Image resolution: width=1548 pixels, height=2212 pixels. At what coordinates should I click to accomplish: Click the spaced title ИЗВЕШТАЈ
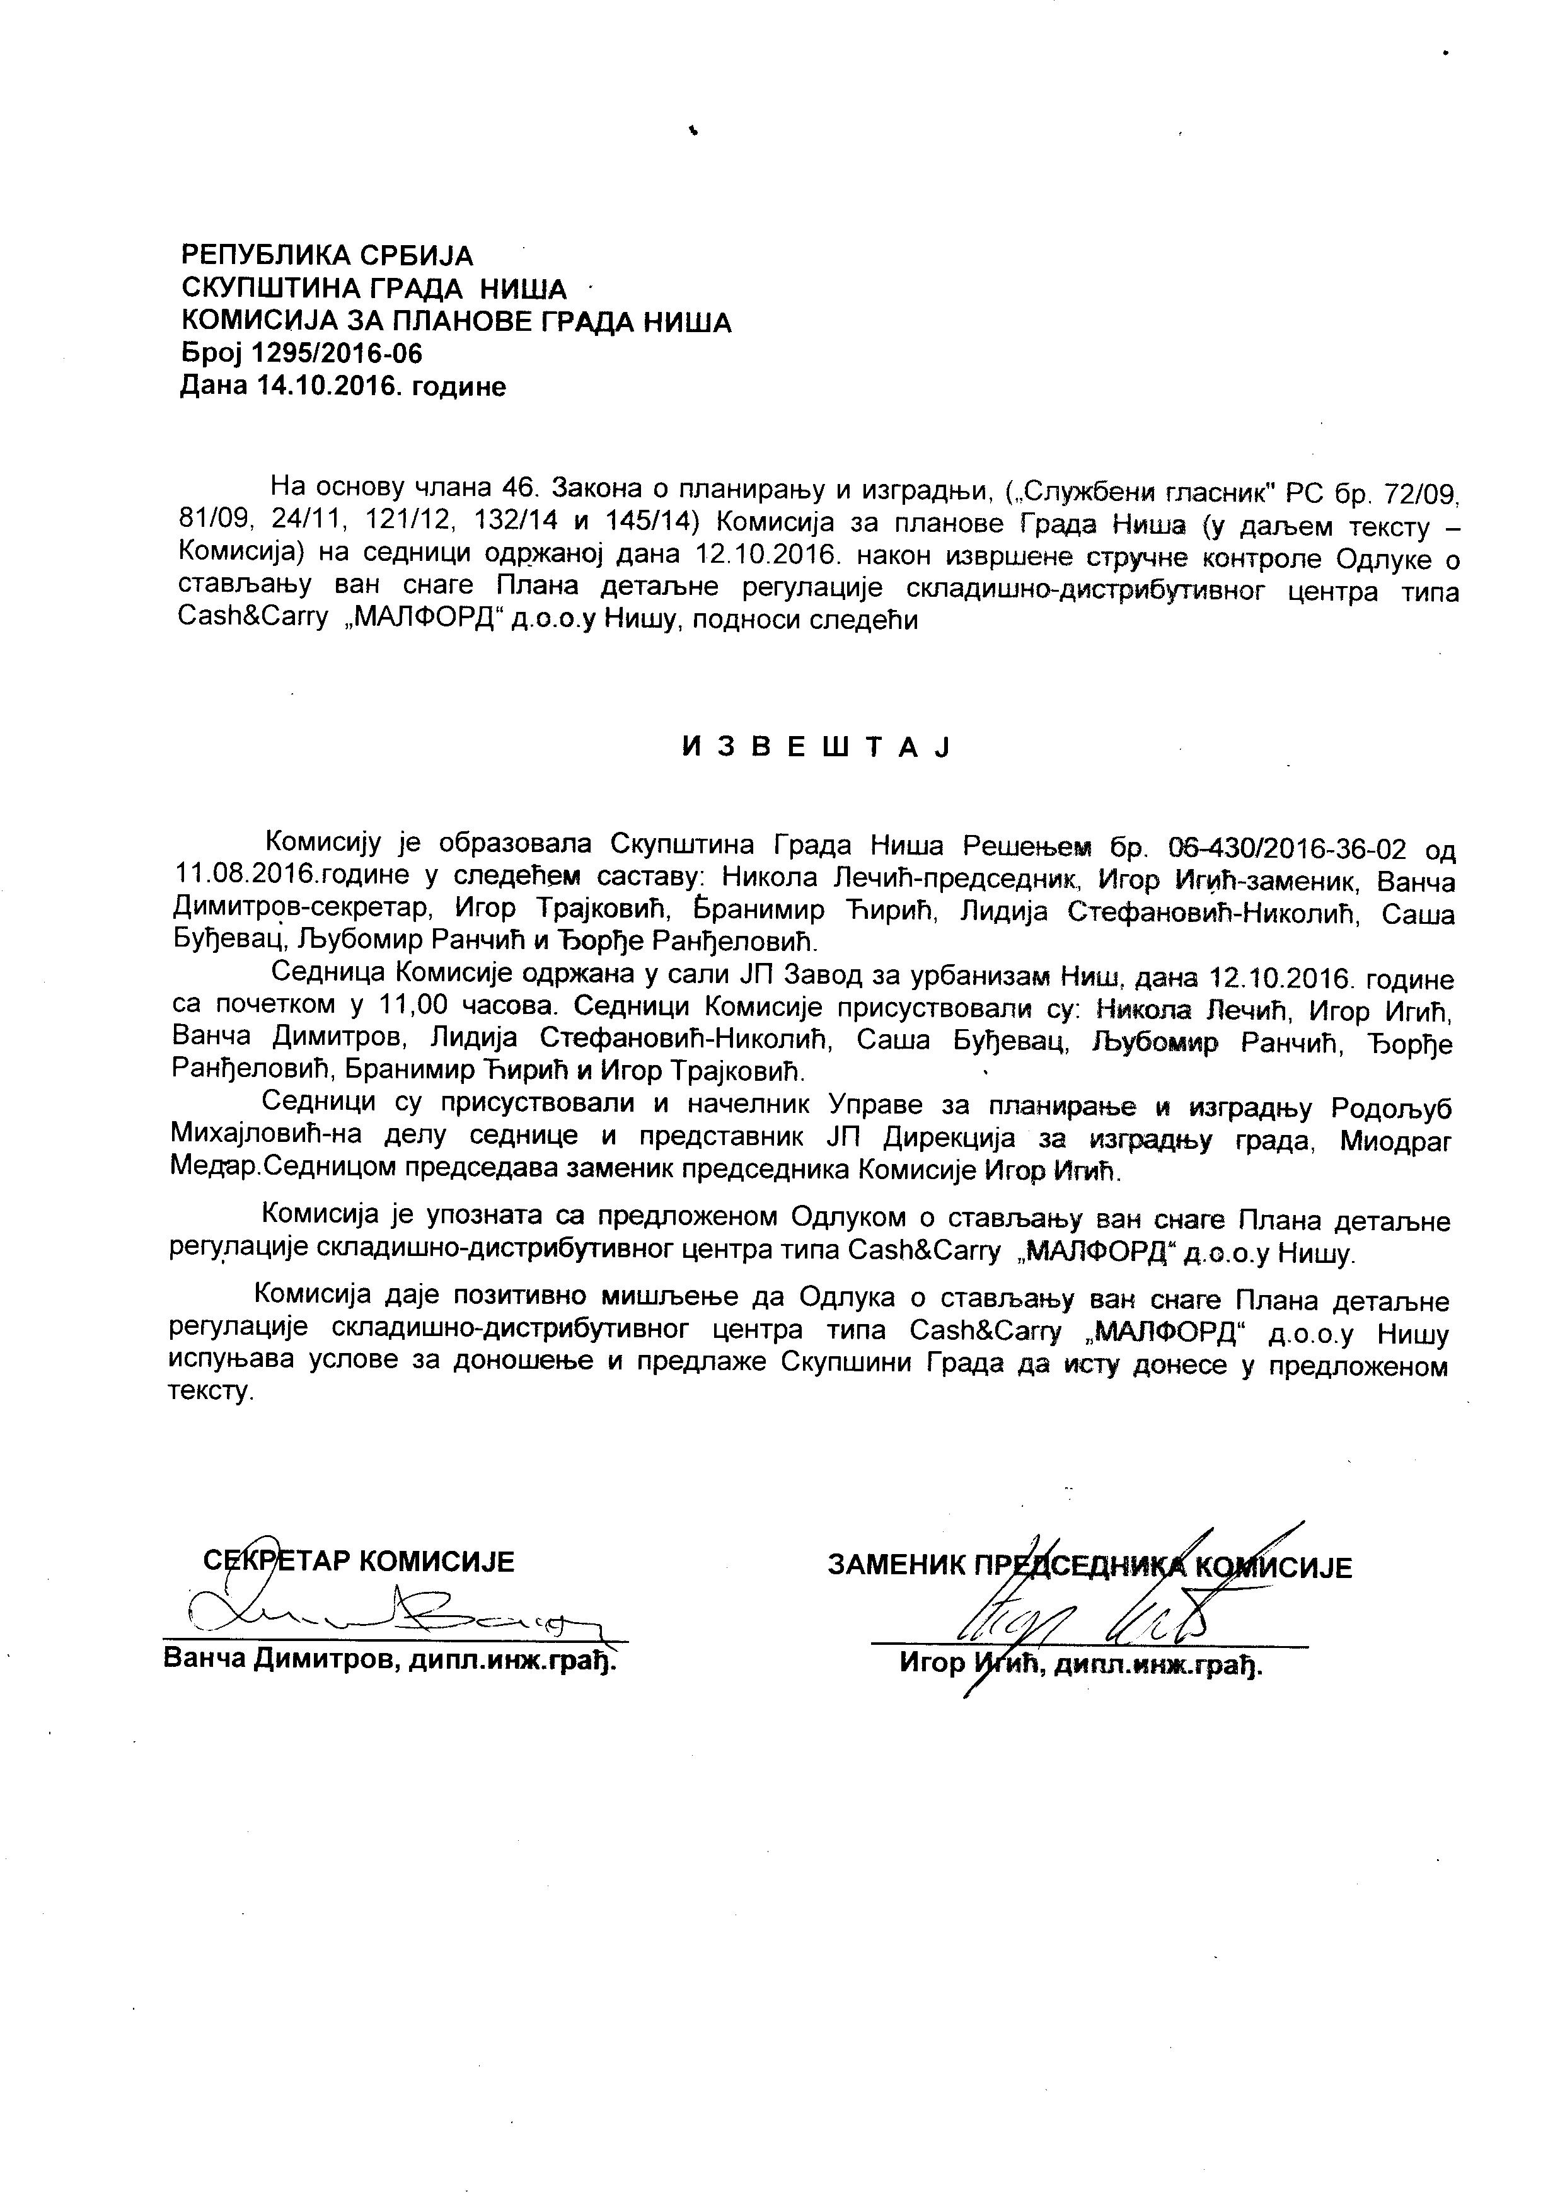pyautogui.click(x=816, y=747)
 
